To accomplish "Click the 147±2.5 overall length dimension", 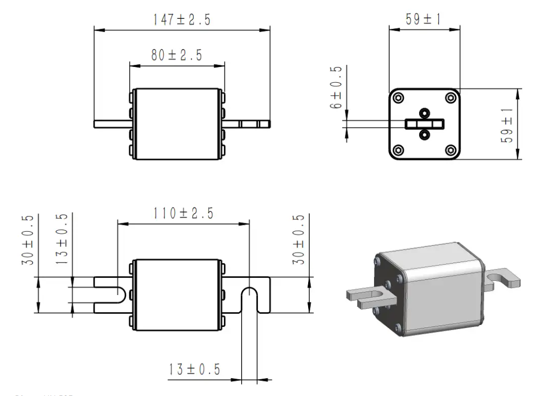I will point(182,20).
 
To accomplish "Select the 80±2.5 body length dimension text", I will point(176,55).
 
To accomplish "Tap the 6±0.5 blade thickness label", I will point(337,87).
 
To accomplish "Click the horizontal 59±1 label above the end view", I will point(423,19).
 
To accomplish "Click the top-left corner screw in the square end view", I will point(398,97).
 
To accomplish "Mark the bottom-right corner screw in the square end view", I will point(450,150).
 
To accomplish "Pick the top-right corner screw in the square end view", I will point(450,97).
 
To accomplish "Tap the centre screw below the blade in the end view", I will point(424,135).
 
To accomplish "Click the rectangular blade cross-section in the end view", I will point(424,123).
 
